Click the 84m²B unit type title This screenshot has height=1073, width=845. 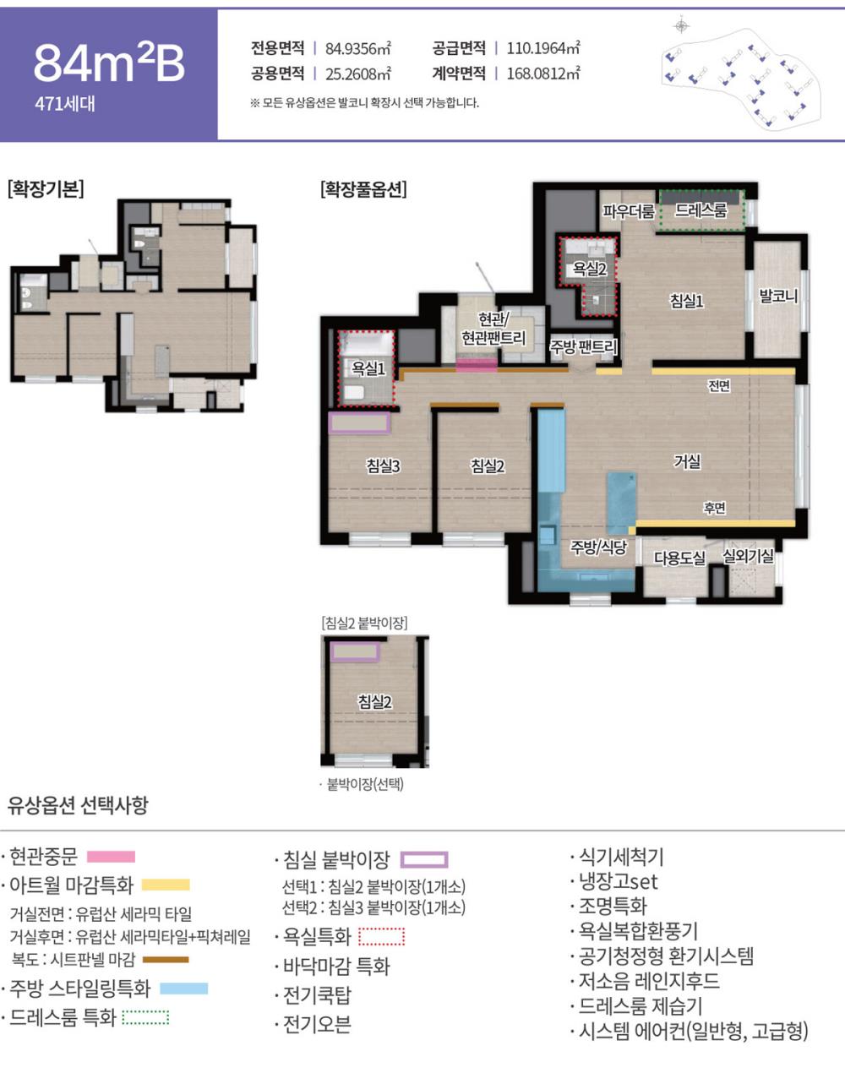(x=109, y=63)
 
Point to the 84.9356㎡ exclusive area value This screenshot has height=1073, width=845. (x=358, y=49)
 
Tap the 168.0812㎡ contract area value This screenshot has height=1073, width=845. (x=543, y=74)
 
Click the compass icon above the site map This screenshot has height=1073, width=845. (x=681, y=25)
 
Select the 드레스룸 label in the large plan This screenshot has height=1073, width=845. (x=701, y=210)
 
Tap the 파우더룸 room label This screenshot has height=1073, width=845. (x=628, y=211)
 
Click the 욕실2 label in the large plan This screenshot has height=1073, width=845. (x=589, y=270)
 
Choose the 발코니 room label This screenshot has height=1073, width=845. (x=777, y=297)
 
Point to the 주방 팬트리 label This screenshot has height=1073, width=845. (x=582, y=346)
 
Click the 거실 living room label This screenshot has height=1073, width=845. (x=687, y=461)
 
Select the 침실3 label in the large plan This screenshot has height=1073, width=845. (x=383, y=466)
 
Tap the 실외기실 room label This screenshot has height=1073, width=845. (x=748, y=555)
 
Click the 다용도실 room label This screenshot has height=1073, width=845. (x=679, y=558)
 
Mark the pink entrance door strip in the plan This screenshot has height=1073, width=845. (x=477, y=365)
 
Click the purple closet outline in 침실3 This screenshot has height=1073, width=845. (x=359, y=422)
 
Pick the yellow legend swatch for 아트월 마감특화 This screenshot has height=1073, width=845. (x=166, y=885)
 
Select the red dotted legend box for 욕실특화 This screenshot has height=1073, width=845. (x=382, y=937)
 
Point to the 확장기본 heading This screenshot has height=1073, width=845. (x=46, y=189)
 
